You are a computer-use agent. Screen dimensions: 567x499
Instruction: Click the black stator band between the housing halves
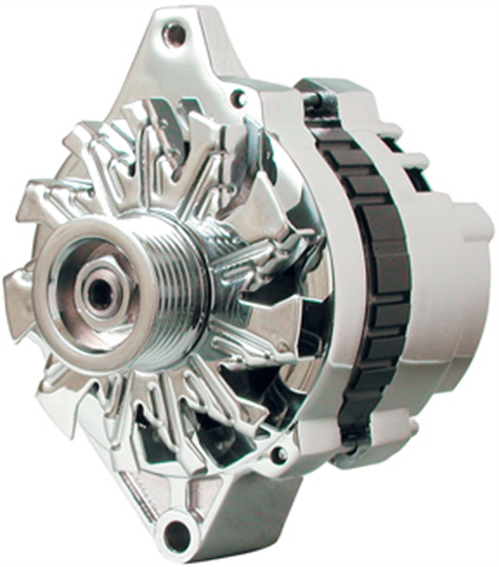click(x=372, y=265)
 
